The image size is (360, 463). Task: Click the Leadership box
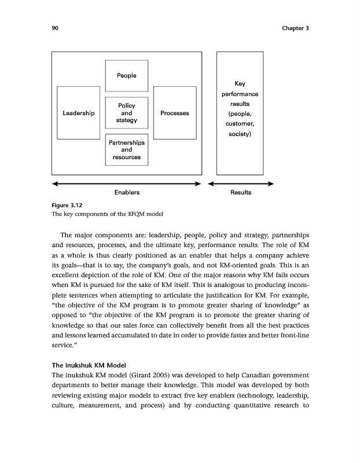pyautogui.click(x=79, y=113)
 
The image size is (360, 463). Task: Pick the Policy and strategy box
pyautogui.click(x=127, y=113)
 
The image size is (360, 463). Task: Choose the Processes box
pyautogui.click(x=175, y=113)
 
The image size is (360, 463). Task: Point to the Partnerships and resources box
pyautogui.click(x=127, y=149)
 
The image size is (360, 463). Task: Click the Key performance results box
pyautogui.click(x=240, y=113)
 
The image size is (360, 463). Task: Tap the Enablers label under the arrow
pyautogui.click(x=127, y=192)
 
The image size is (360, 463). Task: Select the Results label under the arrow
pyautogui.click(x=240, y=192)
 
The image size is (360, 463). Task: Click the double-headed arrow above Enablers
pyautogui.click(x=126, y=184)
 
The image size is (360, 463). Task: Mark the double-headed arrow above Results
pyautogui.click(x=240, y=184)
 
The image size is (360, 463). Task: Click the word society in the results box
pyautogui.click(x=238, y=134)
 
